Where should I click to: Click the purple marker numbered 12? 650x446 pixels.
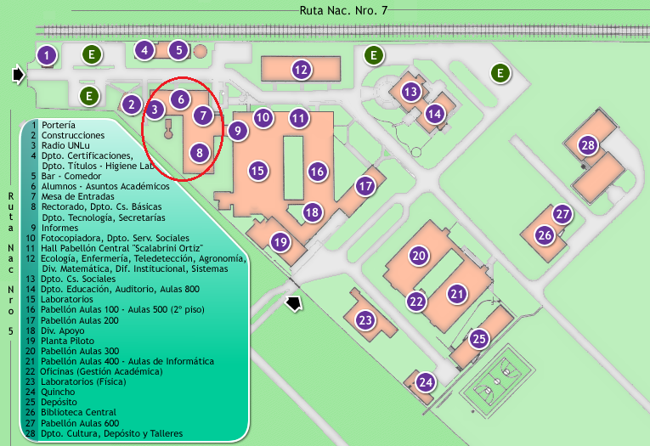tap(301, 69)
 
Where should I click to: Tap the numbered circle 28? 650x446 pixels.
tap(588, 145)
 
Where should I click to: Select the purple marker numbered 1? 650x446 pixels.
tap(47, 55)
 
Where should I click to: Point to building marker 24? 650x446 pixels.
tap(426, 381)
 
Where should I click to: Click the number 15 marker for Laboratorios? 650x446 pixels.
tap(257, 171)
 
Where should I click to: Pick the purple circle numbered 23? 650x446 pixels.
tap(365, 320)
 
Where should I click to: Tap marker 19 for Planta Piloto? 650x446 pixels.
tap(280, 241)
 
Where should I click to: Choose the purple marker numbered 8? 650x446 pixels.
tap(200, 153)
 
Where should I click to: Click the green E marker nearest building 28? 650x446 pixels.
tap(500, 73)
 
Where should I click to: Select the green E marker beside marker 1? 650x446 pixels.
tap(92, 54)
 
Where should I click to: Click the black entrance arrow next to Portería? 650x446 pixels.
tap(18, 75)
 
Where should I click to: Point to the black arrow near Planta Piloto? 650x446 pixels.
tap(293, 303)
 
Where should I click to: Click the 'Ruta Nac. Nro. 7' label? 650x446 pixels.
tap(343, 10)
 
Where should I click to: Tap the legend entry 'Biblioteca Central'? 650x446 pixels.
tap(78, 412)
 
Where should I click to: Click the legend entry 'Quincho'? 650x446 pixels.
tap(58, 392)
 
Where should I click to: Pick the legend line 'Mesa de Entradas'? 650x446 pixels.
tap(78, 196)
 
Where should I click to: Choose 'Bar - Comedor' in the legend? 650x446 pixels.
tap(71, 176)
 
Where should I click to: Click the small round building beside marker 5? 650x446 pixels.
tap(201, 52)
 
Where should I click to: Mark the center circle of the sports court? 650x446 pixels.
tap(496, 381)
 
